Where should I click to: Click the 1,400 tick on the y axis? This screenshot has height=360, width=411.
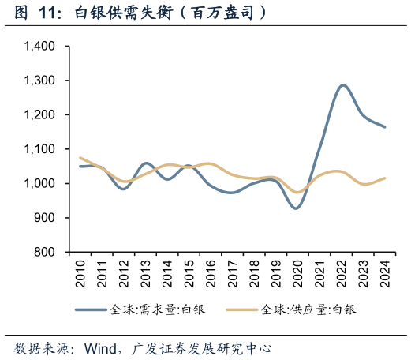pyautogui.click(x=39, y=47)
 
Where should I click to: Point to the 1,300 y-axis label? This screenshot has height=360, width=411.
pyautogui.click(x=39, y=81)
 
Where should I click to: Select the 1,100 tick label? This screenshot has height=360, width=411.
pyautogui.click(x=39, y=149)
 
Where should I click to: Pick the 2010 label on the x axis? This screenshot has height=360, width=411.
pyautogui.click(x=80, y=271)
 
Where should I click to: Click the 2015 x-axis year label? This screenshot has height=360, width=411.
pyautogui.click(x=189, y=271)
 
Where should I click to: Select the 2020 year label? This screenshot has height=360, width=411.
pyautogui.click(x=297, y=271)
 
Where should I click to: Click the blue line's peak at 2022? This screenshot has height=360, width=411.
pyautogui.click(x=342, y=85)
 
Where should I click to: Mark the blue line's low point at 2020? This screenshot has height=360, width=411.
pyautogui.click(x=297, y=208)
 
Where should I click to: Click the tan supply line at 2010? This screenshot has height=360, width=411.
pyautogui.click(x=80, y=158)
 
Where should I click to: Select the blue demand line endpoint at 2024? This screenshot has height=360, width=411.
pyautogui.click(x=385, y=126)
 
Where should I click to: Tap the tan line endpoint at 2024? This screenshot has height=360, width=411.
pyautogui.click(x=385, y=178)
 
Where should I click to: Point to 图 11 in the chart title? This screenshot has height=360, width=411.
pyautogui.click(x=35, y=13)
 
